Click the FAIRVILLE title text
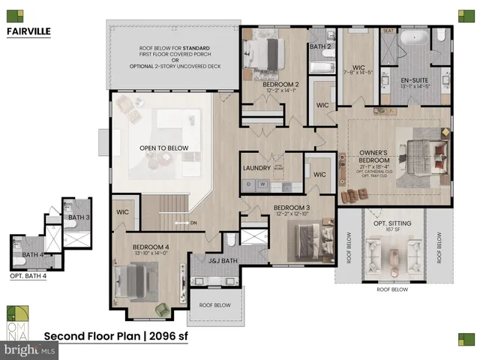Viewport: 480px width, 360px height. pyautogui.click(x=31, y=31)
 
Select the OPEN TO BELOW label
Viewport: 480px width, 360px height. pyautogui.click(x=163, y=148)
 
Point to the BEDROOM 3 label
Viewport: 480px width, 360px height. pyautogui.click(x=292, y=207)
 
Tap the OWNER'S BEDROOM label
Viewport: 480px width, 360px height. pyautogui.click(x=374, y=160)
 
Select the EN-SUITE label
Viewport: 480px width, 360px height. pyautogui.click(x=414, y=79)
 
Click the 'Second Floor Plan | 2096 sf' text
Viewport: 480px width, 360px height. pyautogui.click(x=115, y=336)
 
